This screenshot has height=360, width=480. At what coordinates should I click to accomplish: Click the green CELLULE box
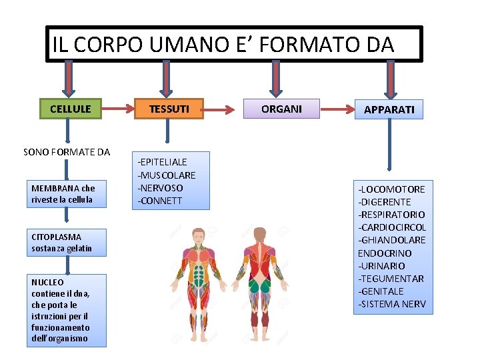click(71, 109)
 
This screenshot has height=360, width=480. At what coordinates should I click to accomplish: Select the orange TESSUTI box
click(169, 109)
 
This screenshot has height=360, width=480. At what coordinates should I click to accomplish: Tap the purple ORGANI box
click(281, 109)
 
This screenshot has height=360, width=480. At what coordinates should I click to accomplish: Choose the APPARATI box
click(389, 109)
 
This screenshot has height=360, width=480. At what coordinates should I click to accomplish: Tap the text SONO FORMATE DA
click(67, 152)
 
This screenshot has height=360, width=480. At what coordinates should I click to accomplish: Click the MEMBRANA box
click(67, 194)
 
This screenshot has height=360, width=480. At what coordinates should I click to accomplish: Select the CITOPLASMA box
click(67, 243)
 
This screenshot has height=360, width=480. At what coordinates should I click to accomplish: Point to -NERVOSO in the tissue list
click(160, 187)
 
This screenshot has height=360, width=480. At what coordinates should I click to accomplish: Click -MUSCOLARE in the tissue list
click(167, 175)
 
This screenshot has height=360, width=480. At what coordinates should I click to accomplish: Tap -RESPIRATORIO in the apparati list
click(392, 215)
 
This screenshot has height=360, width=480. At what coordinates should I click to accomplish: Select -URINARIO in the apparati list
click(381, 265)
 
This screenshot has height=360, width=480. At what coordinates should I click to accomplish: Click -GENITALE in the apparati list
click(381, 291)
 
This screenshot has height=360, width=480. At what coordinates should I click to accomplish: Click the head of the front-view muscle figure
click(197, 235)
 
